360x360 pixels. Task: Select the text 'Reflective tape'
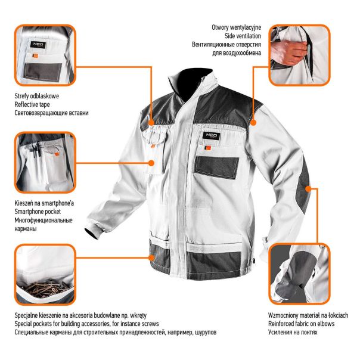click(33, 104)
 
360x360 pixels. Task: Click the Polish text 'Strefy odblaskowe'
click(36, 95)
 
